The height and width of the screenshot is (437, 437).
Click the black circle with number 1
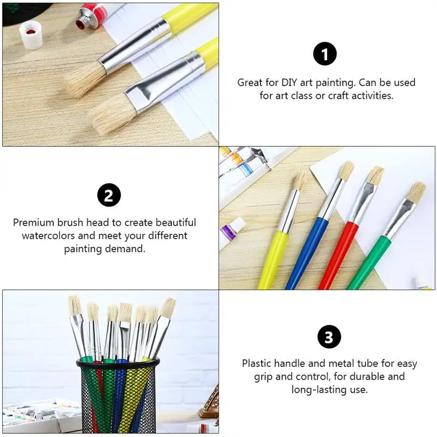325,54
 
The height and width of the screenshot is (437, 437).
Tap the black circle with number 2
109,195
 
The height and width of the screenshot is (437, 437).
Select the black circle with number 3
329,337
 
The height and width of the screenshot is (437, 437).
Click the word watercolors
48,236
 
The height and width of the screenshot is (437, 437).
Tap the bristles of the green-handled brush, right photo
416,192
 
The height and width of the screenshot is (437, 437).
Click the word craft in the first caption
350,96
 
